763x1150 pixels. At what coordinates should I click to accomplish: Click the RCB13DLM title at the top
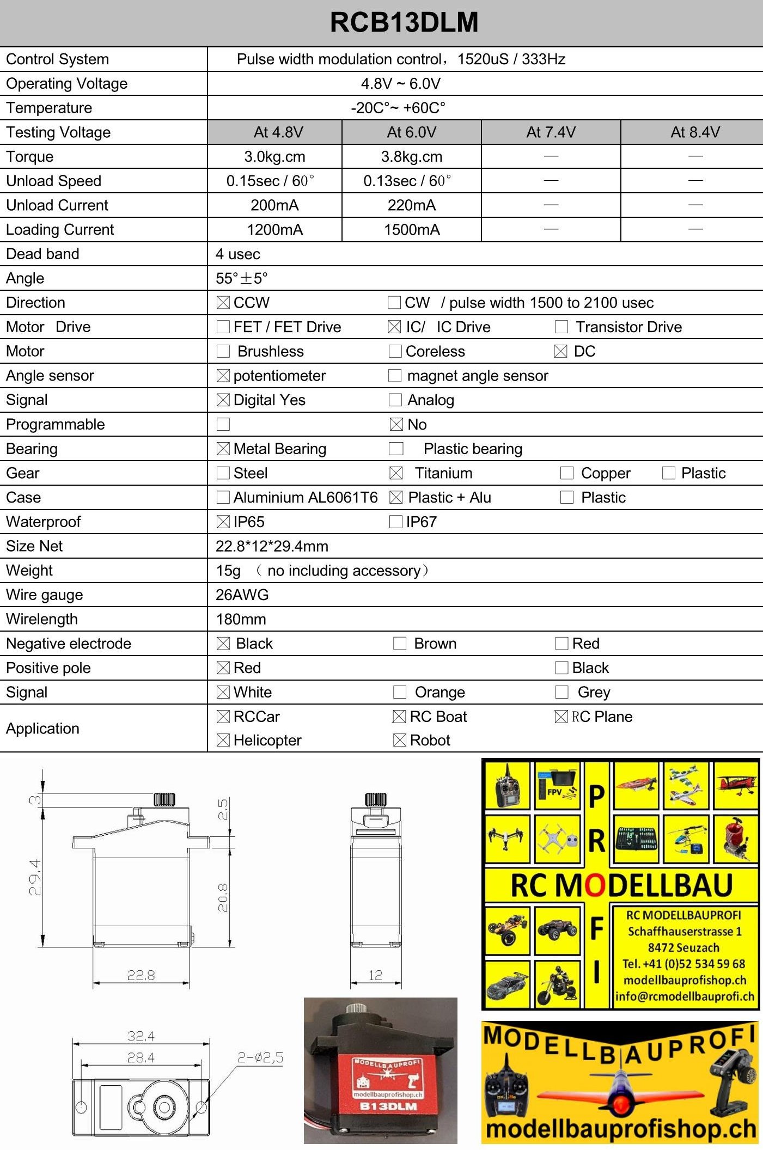coord(404,23)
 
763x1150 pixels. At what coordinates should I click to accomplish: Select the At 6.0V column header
coord(411,132)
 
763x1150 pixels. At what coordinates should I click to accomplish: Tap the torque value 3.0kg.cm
coord(274,157)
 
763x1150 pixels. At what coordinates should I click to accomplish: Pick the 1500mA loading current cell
coord(411,230)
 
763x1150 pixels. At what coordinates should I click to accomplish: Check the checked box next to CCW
coord(223,303)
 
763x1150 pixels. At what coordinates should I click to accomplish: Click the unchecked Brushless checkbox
coord(223,351)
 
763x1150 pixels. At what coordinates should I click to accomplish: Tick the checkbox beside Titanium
coord(396,473)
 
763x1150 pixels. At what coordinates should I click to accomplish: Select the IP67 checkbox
coord(396,522)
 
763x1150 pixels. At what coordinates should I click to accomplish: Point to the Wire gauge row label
coord(45,595)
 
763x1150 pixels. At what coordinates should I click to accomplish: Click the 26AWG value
coord(242,595)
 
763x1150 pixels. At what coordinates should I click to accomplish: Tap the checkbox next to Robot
coord(399,740)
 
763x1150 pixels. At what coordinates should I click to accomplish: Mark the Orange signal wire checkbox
coord(400,692)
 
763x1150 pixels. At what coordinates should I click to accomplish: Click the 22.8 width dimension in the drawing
coord(141,975)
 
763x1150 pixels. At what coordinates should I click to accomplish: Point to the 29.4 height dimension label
coord(35,877)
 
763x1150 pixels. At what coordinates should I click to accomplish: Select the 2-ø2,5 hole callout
coord(260,1057)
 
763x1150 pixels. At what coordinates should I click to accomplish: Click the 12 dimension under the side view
coord(376,975)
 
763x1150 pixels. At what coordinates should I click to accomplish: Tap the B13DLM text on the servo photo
coord(388,1106)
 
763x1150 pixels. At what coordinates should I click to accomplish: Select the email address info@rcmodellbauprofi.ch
coord(685,996)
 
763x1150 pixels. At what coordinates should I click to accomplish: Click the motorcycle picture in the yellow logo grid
coord(557,984)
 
